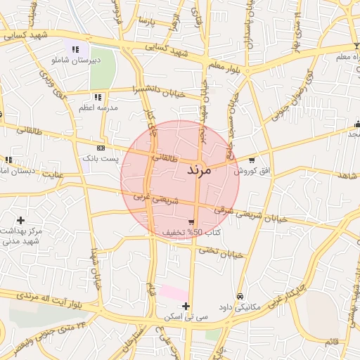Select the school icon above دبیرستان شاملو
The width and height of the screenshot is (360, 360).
pyautogui.click(x=75, y=49)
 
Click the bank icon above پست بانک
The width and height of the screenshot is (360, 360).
pyautogui.click(x=101, y=148)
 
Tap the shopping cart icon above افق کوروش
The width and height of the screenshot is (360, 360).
pyautogui.click(x=252, y=160)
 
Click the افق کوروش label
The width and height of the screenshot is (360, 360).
pyautogui.click(x=249, y=170)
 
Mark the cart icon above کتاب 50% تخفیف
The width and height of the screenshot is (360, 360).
pyautogui.click(x=191, y=221)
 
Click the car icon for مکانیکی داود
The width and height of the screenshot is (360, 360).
pyautogui.click(x=241, y=296)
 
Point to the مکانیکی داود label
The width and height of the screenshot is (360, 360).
pyautogui.click(x=240, y=307)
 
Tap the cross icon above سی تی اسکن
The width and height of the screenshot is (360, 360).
pyautogui.click(x=186, y=306)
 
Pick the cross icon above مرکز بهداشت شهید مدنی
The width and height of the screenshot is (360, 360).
pyautogui.click(x=20, y=220)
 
